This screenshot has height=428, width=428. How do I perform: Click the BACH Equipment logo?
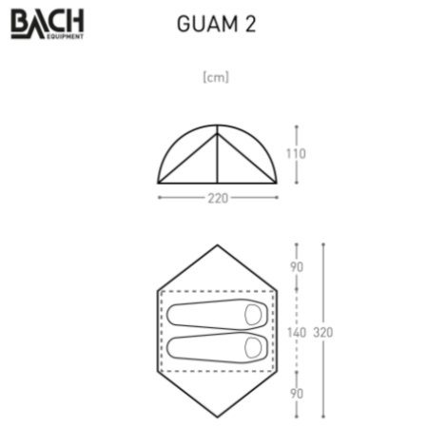pyautogui.click(x=48, y=24)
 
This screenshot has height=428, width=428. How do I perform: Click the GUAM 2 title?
pyautogui.click(x=216, y=24)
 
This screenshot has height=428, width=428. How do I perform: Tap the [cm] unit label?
pyautogui.click(x=216, y=77)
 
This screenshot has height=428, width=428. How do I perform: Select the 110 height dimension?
pyautogui.click(x=296, y=154)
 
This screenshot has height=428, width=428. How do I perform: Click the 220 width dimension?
pyautogui.click(x=218, y=199)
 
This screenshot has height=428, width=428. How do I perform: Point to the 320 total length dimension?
pyautogui.click(x=323, y=333)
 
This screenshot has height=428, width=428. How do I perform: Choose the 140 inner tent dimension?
pyautogui.click(x=297, y=333)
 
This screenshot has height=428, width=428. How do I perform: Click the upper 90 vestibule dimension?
pyautogui.click(x=297, y=267)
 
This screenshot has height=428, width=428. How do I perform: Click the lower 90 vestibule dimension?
pyautogui.click(x=297, y=394)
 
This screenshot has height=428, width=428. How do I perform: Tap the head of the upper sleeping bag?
pyautogui.click(x=253, y=315)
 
